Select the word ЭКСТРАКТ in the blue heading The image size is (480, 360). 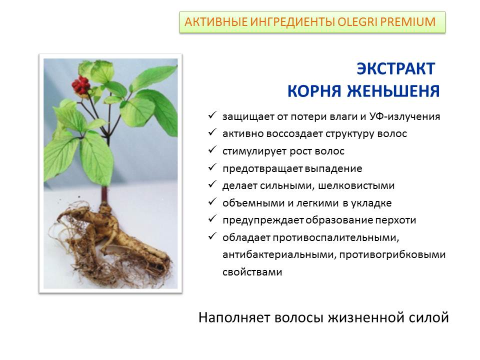(x=396, y=68)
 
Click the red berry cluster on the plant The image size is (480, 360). (x=81, y=85)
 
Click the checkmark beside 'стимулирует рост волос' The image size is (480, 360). (x=212, y=150)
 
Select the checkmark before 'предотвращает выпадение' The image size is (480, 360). (x=212, y=167)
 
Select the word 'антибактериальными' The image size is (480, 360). (x=279, y=254)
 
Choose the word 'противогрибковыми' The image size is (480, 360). (x=392, y=254)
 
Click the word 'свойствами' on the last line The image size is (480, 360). (x=252, y=272)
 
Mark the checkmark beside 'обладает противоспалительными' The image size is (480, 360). (x=212, y=236)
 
